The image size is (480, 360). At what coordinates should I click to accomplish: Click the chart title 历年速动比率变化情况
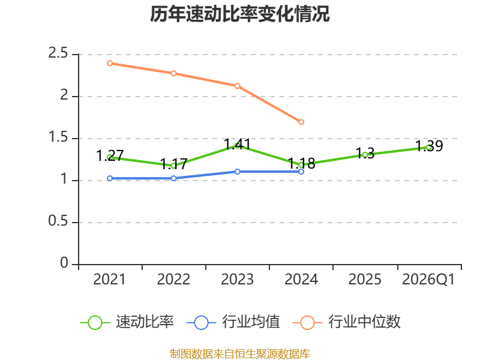tap(239, 14)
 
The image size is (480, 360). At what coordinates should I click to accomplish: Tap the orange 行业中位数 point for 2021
tap(110, 64)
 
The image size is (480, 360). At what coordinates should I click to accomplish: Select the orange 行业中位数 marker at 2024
tap(301, 122)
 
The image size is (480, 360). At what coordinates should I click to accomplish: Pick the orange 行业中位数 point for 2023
tap(238, 86)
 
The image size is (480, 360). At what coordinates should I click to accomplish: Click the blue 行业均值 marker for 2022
tap(173, 178)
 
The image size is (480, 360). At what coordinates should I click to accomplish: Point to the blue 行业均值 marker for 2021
tap(110, 178)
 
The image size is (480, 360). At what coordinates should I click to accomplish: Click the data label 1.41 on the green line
tap(237, 144)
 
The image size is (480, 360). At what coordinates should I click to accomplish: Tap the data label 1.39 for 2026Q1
tap(429, 146)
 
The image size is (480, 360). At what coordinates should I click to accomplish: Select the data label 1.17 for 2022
tap(173, 164)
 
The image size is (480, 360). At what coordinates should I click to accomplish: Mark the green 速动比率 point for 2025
tap(365, 155)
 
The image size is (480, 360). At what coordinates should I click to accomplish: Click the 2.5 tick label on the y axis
tap(58, 53)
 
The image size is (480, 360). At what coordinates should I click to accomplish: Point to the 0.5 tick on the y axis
tap(58, 221)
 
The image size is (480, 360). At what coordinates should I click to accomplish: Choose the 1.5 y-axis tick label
tap(58, 137)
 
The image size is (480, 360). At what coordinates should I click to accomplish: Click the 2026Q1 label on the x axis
tap(428, 280)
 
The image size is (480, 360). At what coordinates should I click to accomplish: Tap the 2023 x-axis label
tap(237, 280)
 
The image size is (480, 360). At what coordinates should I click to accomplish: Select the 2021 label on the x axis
tap(109, 280)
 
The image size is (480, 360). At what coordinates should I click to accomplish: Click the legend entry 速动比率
tap(127, 322)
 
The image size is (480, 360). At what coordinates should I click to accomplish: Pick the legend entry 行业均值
tap(233, 322)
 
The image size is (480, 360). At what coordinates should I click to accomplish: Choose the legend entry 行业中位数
tap(347, 322)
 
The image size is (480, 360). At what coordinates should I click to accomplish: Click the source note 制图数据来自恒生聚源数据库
tap(239, 354)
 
